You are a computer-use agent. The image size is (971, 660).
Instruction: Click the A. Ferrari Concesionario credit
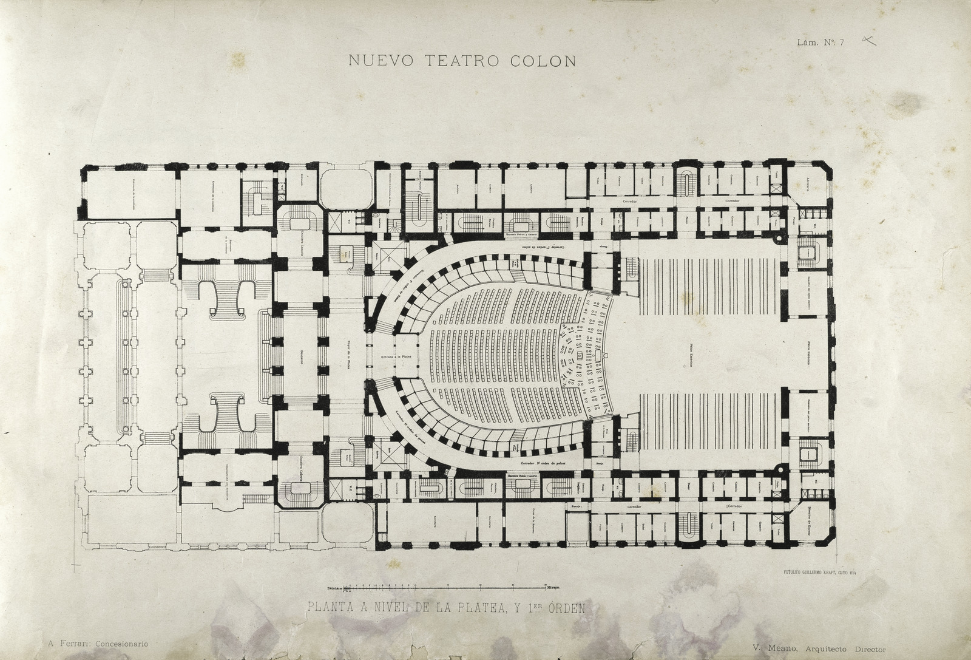click(96, 643)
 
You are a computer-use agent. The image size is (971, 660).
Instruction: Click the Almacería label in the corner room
click(810, 180)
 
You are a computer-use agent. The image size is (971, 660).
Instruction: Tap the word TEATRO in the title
click(465, 60)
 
